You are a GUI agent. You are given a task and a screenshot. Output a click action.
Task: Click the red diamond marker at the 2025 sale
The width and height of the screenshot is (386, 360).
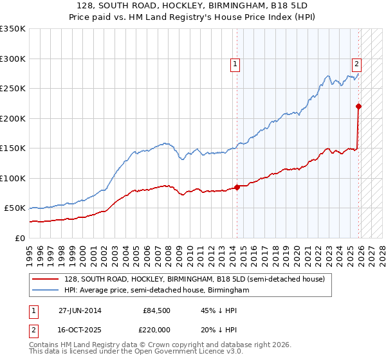(358, 107)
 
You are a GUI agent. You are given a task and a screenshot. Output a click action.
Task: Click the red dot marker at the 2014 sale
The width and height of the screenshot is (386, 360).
(237, 187)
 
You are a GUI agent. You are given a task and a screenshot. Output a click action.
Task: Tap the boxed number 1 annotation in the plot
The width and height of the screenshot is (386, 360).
(235, 64)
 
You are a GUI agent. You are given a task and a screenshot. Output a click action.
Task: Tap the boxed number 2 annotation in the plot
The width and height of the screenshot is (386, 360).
(356, 64)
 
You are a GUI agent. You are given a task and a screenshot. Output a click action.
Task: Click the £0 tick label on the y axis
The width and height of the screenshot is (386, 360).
(19, 239)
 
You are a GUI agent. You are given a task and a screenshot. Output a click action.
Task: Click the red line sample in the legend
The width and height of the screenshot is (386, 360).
(46, 279)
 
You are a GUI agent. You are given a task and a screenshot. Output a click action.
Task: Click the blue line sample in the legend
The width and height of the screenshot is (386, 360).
(46, 291)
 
